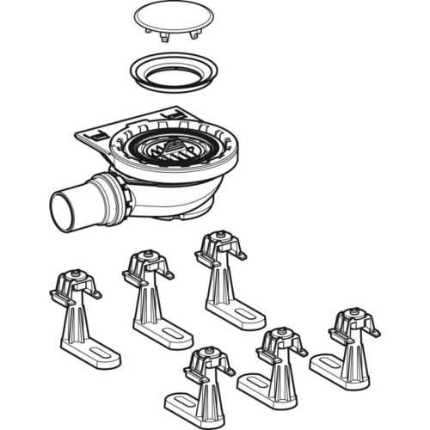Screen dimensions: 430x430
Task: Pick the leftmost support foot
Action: [x=79, y=317]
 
